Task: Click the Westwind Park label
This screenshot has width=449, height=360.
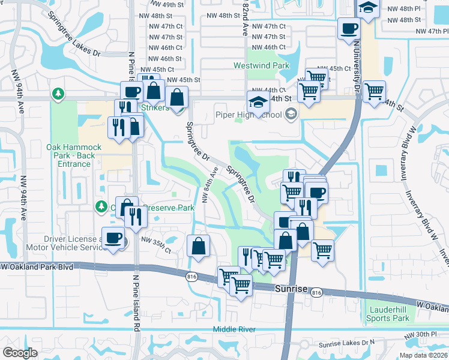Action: click(262, 65)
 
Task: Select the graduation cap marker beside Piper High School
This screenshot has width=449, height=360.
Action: click(258, 103)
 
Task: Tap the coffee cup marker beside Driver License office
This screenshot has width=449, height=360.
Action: click(113, 238)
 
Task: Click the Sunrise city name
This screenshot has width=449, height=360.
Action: click(291, 289)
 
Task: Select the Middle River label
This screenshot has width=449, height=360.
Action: click(235, 329)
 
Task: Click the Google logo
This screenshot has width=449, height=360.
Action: click(20, 353)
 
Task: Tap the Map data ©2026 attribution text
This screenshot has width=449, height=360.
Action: click(423, 355)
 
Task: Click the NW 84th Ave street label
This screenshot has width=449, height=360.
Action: click(211, 185)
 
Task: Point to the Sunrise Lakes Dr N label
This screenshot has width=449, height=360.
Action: click(346, 343)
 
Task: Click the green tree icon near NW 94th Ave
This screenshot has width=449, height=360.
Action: click(58, 94)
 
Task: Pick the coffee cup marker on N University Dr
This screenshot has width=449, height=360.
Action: click(348, 28)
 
